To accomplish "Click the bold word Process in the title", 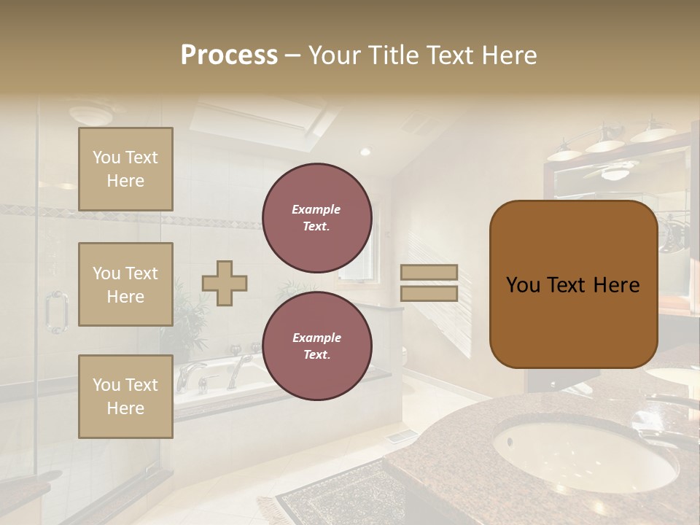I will click(229, 55).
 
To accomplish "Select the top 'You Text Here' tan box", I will click(125, 169).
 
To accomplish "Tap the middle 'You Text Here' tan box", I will click(125, 284).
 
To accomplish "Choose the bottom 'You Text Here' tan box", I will click(125, 397).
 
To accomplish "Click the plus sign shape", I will click(225, 283).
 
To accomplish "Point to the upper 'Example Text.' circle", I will click(316, 218).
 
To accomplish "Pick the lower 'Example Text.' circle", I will click(316, 346).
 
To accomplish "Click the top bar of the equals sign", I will click(429, 272).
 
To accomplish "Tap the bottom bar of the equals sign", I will click(429, 293).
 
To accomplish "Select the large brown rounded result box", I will click(573, 284).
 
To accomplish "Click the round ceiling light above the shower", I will click(90, 114).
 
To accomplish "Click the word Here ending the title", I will click(510, 55).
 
